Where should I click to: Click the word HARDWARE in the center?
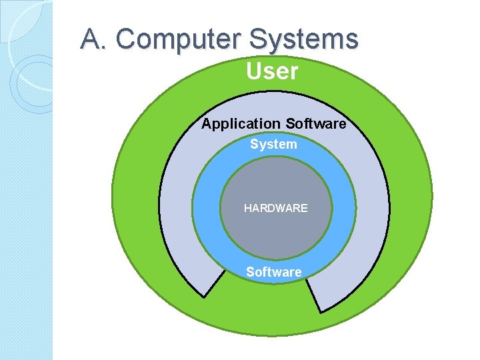275,208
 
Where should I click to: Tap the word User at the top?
272,71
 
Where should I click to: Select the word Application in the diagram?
241,124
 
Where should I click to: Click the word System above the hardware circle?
273,144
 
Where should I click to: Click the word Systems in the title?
304,39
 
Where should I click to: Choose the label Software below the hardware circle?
273,272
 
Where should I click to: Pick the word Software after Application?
315,124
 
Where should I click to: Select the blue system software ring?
207,213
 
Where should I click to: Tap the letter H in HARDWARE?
248,208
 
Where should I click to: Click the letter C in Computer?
125,39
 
